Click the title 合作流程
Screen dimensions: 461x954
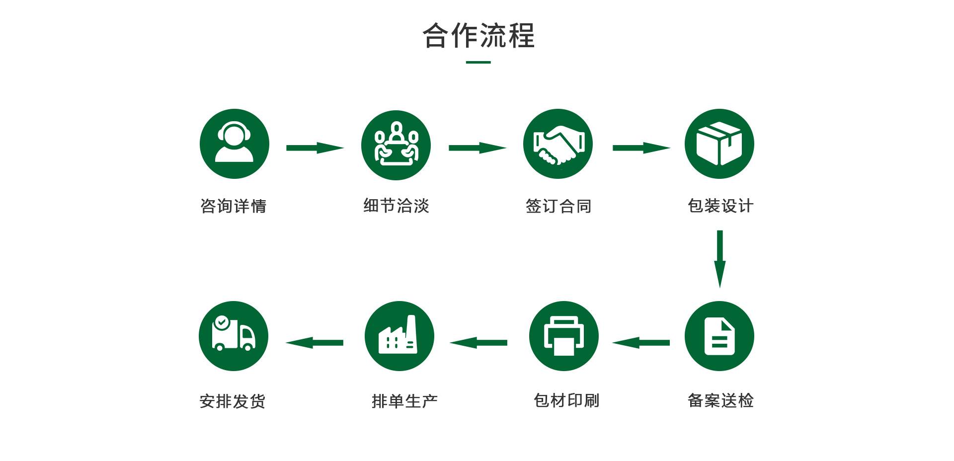tap(478, 36)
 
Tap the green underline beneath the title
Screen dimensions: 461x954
tap(478, 62)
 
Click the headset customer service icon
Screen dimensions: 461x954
tap(235, 144)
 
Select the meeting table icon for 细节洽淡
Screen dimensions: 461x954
tap(396, 145)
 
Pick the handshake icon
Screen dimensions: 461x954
tap(558, 144)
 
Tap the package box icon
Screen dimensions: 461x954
tap(719, 144)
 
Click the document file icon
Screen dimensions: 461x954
tap(719, 336)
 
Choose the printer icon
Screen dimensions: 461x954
tap(564, 336)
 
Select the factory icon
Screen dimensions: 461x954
tap(399, 336)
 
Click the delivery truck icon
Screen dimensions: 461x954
tap(234, 336)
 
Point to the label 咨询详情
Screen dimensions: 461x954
tap(233, 206)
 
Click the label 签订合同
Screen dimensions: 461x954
tap(558, 206)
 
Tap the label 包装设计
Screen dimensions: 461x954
tap(720, 206)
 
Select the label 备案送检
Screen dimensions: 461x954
tap(720, 400)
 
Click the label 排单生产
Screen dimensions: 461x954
tap(404, 401)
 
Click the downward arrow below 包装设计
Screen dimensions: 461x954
tap(719, 258)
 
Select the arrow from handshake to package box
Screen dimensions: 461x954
tap(641, 148)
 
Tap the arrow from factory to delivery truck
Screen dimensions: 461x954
tap(315, 342)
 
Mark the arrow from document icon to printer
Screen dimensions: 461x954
tap(641, 342)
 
